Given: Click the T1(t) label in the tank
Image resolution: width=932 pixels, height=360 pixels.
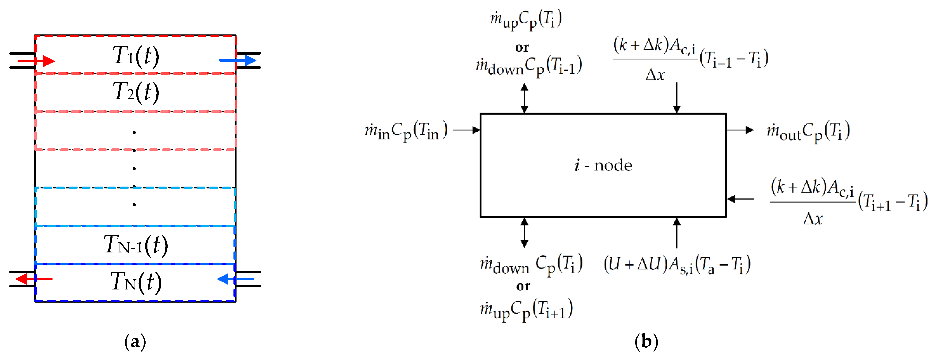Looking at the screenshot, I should [136, 56].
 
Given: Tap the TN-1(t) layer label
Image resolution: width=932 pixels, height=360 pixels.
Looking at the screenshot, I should [136, 245].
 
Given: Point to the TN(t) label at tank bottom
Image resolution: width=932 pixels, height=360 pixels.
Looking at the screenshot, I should [136, 282].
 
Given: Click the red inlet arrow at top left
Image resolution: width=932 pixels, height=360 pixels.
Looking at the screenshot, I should [36, 61].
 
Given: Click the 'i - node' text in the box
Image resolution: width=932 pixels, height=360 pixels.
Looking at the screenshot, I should [603, 165].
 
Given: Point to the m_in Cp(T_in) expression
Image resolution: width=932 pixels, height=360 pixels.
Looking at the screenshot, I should [406, 131].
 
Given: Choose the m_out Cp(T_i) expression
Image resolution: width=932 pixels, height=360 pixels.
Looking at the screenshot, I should [808, 131].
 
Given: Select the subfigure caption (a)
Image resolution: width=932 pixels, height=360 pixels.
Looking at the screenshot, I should [135, 341].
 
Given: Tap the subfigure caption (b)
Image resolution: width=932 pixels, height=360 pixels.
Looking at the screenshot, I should [646, 341].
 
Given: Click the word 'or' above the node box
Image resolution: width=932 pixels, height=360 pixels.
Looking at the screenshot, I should [522, 47].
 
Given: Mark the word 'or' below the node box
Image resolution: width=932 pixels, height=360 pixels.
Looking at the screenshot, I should [523, 286].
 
